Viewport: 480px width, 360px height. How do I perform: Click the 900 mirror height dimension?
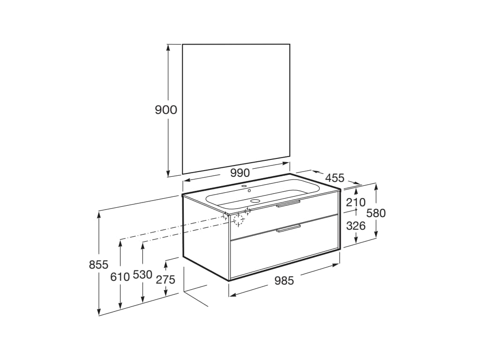(x=166, y=110)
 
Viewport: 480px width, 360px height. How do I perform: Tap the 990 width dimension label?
(x=240, y=173)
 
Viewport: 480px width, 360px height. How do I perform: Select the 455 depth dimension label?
(x=335, y=178)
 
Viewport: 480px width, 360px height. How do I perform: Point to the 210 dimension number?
(x=356, y=202)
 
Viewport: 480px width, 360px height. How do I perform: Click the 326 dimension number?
(x=356, y=225)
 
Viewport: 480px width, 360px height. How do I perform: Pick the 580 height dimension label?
(x=376, y=213)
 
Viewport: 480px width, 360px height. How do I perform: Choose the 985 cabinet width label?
(x=284, y=280)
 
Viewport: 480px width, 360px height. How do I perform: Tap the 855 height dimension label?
(x=98, y=264)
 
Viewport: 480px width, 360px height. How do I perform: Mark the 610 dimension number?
(x=120, y=277)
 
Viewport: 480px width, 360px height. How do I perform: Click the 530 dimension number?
(x=142, y=275)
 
